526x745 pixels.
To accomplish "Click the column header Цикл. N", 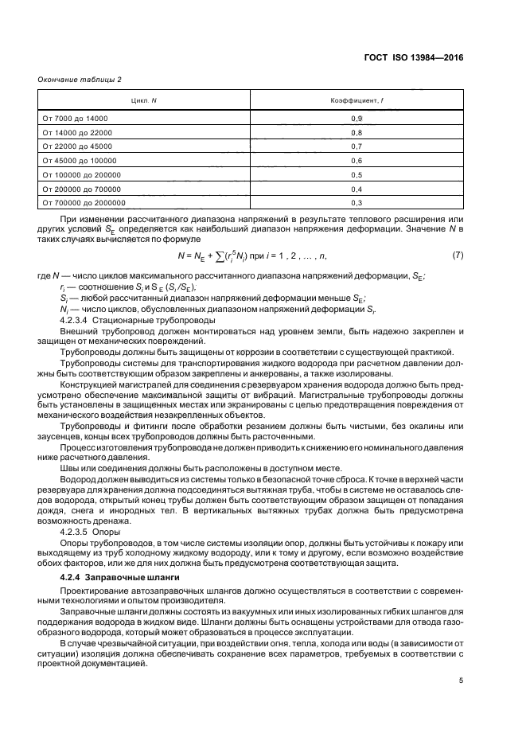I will (143, 101).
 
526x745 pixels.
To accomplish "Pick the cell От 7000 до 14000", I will (75, 119).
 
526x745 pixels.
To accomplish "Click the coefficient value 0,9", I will (357, 119).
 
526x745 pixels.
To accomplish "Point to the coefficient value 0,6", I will (357, 161).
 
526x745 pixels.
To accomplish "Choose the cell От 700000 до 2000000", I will (82, 203).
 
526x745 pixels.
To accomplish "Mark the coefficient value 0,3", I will (357, 203).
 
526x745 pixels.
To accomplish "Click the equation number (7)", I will (458, 255).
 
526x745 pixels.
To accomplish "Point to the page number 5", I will (461, 681).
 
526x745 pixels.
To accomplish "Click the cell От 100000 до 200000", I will (80, 175).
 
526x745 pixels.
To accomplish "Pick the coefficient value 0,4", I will (357, 189).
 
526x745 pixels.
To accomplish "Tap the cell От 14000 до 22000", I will (77, 132).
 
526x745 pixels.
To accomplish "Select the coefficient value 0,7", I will (357, 146).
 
